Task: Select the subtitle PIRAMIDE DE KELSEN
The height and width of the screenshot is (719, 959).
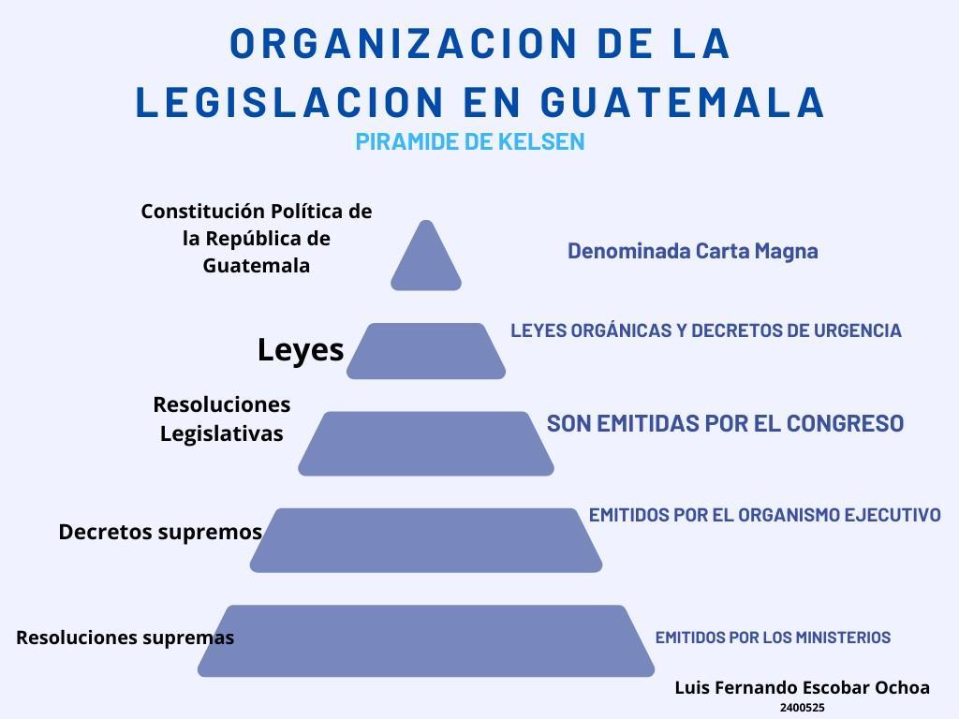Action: tap(470, 141)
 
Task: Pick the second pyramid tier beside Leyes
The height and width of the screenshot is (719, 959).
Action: tap(426, 351)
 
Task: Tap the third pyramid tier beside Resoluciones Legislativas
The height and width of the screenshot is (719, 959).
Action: tap(426, 443)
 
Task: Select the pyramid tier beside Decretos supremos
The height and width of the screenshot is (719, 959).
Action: tap(426, 540)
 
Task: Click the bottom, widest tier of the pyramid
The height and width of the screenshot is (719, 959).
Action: tap(426, 640)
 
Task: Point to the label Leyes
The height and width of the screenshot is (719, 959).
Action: tap(301, 350)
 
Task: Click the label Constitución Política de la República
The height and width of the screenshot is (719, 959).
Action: tap(257, 238)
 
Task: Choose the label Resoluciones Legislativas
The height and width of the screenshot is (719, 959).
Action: tap(222, 418)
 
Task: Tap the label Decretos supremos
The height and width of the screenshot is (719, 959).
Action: tap(160, 532)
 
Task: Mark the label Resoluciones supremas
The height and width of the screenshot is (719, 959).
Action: tap(125, 638)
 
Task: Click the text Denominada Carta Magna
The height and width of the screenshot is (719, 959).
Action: tap(693, 251)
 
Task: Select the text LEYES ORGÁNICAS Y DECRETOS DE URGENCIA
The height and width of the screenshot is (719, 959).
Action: tap(706, 330)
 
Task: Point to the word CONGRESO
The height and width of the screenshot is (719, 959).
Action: tap(845, 423)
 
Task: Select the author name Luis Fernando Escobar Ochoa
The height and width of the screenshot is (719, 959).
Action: tap(803, 687)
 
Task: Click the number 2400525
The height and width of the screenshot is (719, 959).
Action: tap(803, 709)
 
